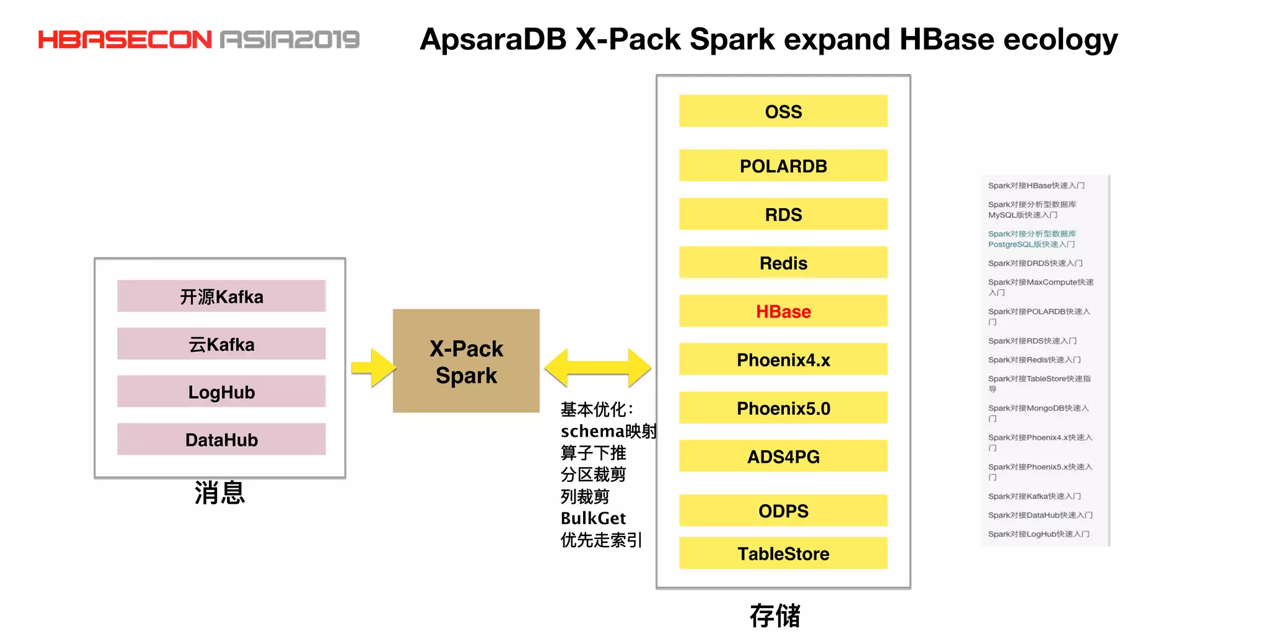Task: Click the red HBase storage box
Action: tap(783, 311)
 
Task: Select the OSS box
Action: tap(783, 111)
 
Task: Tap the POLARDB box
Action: tap(783, 166)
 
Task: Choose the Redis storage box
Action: tap(783, 263)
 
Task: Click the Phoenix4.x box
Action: tap(783, 360)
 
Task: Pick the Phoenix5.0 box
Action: tap(783, 408)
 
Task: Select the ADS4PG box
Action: tap(783, 457)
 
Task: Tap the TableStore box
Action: tap(783, 553)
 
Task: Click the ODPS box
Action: tap(783, 511)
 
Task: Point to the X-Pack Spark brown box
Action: tap(466, 361)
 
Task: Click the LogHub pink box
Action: tap(221, 392)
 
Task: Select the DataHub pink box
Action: tap(221, 440)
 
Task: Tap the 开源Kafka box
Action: tap(221, 296)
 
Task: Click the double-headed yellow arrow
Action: tap(597, 368)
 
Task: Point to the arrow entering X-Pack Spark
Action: tap(374, 368)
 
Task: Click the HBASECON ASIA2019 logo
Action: tap(199, 40)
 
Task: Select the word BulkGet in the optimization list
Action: tap(593, 518)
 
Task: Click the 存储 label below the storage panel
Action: tap(774, 616)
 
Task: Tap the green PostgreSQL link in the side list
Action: tap(1032, 239)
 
